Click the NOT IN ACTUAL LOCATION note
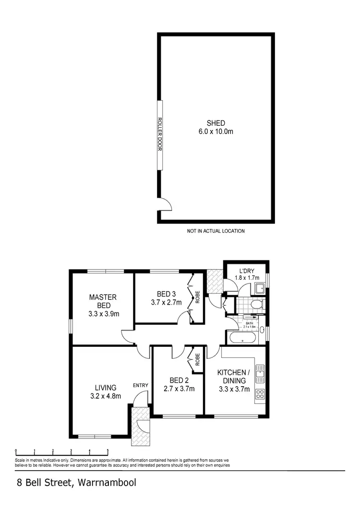click(216, 231)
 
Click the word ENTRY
click(141, 385)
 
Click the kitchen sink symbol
click(260, 372)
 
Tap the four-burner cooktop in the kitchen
click(260, 394)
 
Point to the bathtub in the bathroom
click(242, 338)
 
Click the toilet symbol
click(256, 304)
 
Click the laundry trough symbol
click(260, 288)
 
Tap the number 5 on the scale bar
click(108, 451)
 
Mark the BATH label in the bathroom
click(250, 323)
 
